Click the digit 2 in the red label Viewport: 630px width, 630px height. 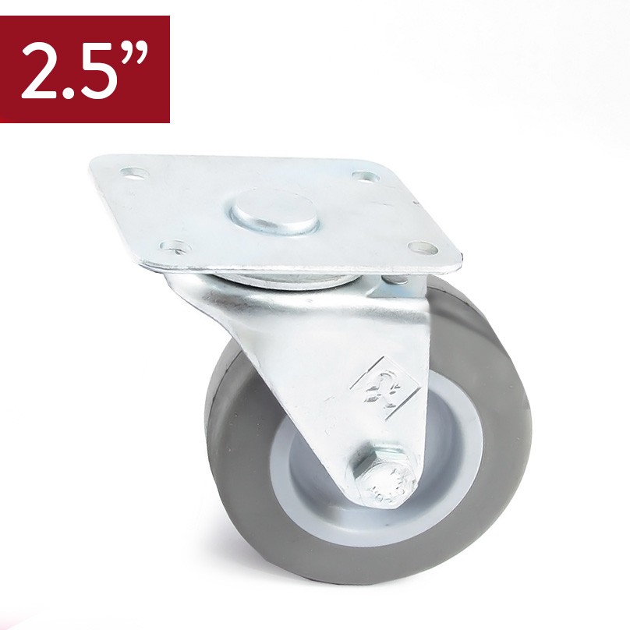pos(41,71)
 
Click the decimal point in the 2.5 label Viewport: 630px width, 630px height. pos(70,93)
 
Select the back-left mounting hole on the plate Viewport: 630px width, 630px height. pos(134,174)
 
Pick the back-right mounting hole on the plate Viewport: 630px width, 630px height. pos(366,176)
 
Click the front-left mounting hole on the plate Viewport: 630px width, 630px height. pos(175,246)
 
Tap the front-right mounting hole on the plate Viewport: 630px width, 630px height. pos(423,247)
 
